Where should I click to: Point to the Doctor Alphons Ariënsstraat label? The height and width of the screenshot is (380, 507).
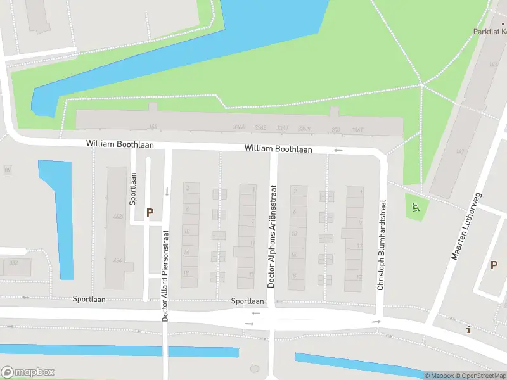(272, 236)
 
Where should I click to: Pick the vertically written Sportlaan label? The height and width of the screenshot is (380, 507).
(133, 189)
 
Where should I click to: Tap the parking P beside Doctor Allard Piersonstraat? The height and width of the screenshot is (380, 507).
(150, 213)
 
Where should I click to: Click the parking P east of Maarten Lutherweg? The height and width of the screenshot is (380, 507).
(494, 265)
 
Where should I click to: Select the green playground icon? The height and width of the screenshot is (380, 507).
(415, 207)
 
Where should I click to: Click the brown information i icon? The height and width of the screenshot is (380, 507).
(468, 329)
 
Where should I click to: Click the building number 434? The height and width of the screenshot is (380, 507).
(117, 261)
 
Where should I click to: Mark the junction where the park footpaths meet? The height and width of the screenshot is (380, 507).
(421, 85)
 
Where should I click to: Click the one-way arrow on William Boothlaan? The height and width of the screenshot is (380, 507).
(338, 150)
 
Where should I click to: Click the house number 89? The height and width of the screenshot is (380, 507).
(8, 170)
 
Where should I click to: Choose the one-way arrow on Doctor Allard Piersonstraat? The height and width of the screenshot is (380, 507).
(167, 191)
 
